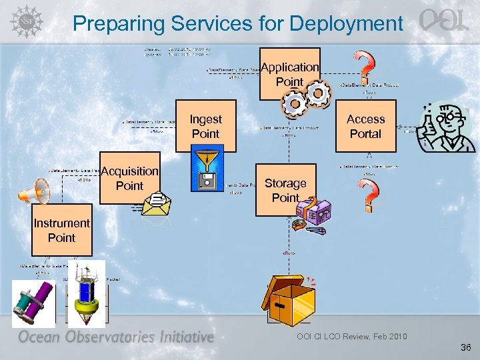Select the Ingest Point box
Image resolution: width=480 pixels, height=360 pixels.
205,126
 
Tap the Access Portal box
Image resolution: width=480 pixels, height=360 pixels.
365,126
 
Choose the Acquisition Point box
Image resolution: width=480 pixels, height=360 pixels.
129,179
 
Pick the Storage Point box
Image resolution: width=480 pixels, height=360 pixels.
285,190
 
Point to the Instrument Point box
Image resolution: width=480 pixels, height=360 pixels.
61,231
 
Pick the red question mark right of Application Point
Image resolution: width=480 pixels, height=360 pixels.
364,67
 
